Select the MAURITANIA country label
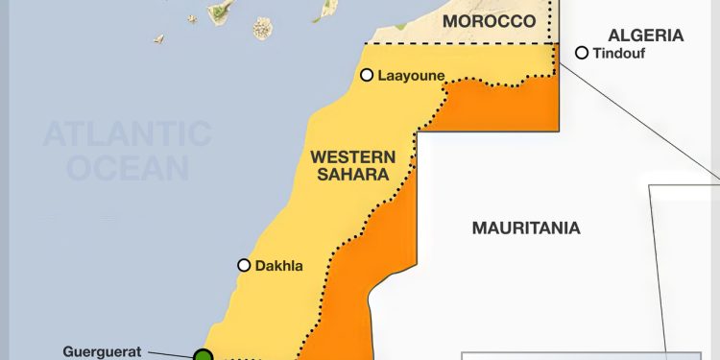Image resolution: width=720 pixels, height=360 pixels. pos(525,228)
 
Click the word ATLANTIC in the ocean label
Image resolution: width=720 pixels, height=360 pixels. pos(127,132)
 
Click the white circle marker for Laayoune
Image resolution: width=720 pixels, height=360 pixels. pos(367,74)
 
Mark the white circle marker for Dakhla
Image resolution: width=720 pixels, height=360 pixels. pos(244,265)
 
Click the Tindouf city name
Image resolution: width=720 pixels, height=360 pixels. pos(620,53)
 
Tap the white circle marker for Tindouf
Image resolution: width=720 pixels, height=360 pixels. pos(581,53)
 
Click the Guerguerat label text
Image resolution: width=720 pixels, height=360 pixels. pos(102,351)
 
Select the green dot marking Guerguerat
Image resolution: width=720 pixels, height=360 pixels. pos(204,356)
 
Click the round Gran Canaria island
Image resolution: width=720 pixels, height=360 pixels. pos(263,28)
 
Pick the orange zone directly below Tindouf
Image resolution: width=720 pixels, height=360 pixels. pos(538,106)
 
